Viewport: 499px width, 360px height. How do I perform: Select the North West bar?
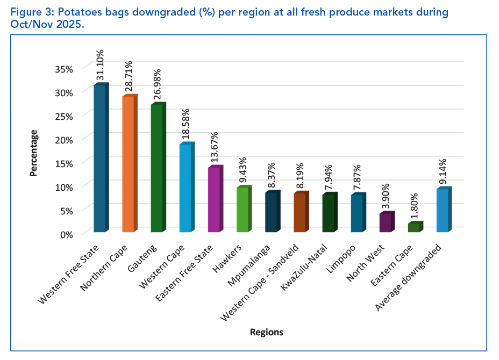[x=385, y=223]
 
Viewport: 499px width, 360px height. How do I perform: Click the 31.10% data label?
[x=100, y=66]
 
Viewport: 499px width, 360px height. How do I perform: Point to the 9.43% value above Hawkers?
[x=243, y=169]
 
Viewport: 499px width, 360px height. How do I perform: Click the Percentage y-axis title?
[x=33, y=153]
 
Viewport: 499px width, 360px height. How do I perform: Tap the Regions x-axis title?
[x=266, y=332]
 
